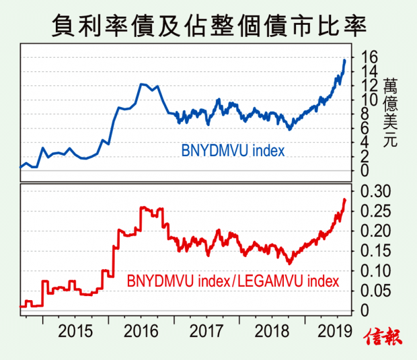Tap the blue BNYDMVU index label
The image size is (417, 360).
[x=233, y=150]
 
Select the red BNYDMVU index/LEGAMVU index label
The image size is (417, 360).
[x=233, y=279]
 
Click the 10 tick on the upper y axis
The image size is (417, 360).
[x=370, y=100]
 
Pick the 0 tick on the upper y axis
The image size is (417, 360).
[x=366, y=171]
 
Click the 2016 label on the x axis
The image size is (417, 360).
[x=141, y=331]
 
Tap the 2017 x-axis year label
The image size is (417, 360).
[x=207, y=331]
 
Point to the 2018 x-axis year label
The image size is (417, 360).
[x=273, y=331]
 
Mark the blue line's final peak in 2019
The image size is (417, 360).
[x=345, y=60]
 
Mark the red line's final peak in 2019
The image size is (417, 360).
[x=345, y=199]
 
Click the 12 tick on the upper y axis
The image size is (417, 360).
[x=370, y=85]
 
